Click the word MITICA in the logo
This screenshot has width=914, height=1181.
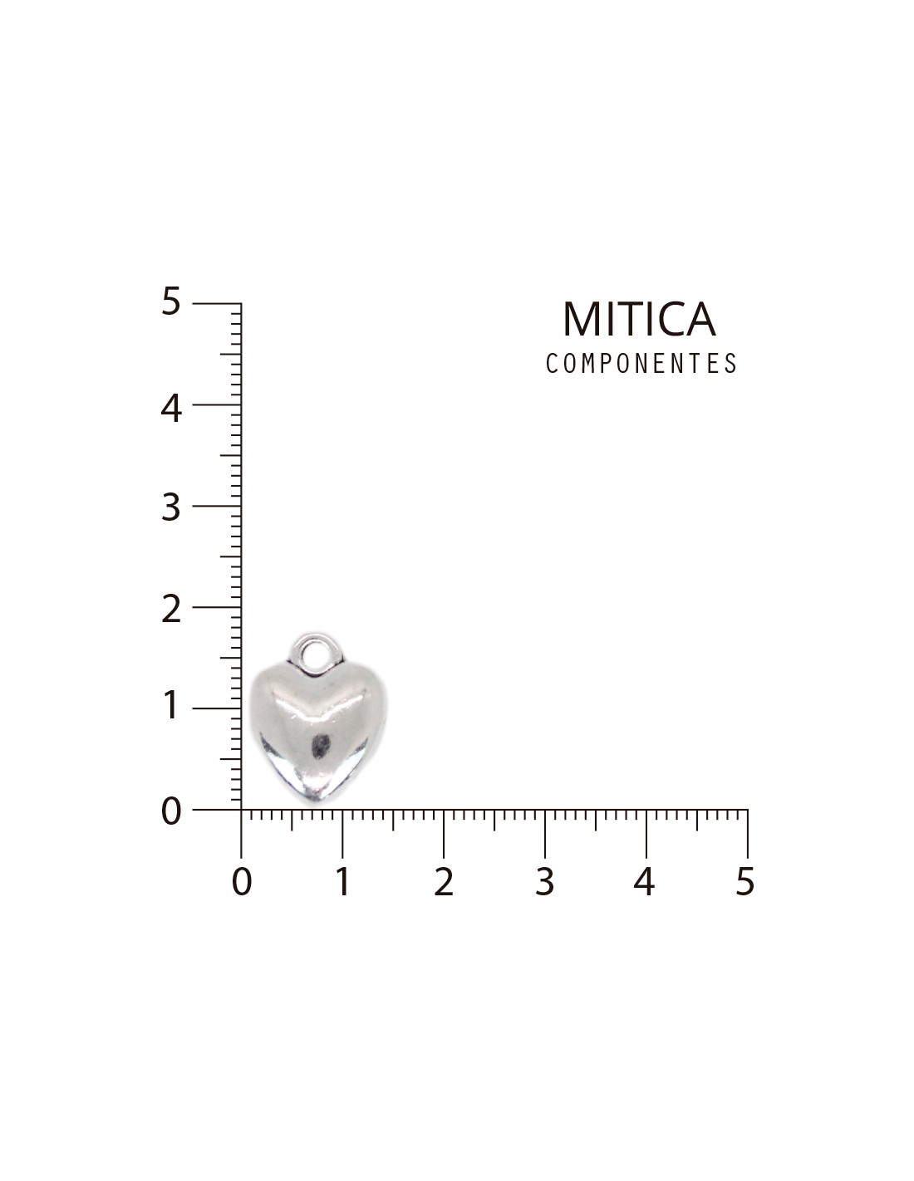639,319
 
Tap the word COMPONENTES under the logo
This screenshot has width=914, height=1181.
641,363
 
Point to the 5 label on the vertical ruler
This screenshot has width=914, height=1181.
170,301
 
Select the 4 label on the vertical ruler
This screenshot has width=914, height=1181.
170,409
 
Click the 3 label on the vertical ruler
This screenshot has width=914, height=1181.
170,508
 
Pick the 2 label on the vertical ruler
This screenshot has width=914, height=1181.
170,610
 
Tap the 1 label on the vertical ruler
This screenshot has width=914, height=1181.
171,705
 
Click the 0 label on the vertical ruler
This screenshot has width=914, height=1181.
171,811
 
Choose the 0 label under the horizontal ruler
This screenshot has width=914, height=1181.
242,881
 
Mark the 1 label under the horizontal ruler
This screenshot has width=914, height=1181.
342,881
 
